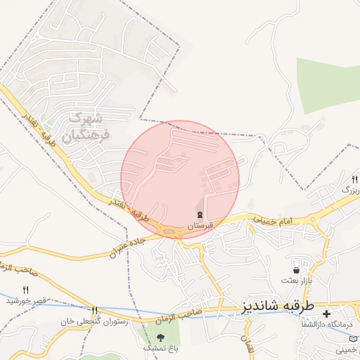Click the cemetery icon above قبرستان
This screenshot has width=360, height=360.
click(200, 215)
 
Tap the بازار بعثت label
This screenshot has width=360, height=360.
click(296, 280)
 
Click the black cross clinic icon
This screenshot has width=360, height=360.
click(326, 313)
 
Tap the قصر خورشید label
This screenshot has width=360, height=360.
click(26, 301)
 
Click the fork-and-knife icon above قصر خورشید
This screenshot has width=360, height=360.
click(26, 290)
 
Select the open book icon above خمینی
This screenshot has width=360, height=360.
click(352, 338)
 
